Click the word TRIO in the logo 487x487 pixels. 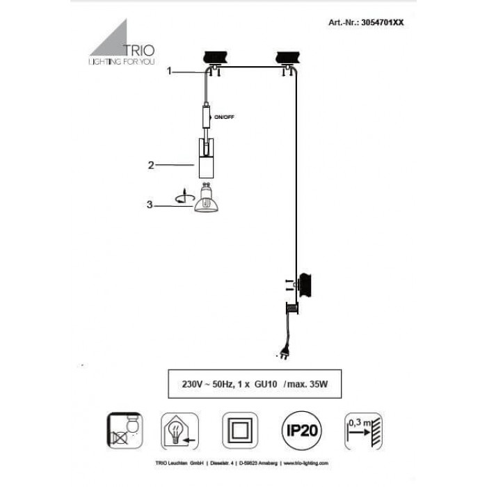(x=139, y=49)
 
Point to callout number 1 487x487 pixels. (x=168, y=71)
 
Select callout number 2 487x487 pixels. (x=150, y=165)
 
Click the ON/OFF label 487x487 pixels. (x=225, y=117)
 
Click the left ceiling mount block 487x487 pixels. (x=215, y=58)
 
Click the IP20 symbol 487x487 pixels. (x=298, y=429)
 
